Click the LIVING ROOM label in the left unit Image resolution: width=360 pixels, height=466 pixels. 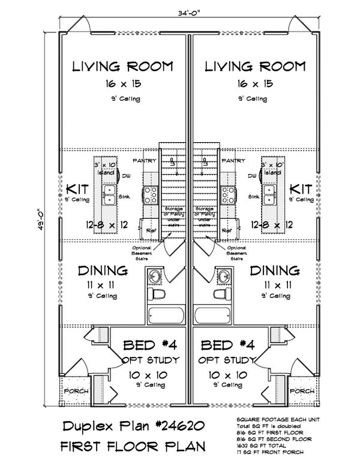tap(122, 65)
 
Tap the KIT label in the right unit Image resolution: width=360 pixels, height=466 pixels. tap(300, 188)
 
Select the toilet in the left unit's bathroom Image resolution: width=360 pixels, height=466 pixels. tap(159, 296)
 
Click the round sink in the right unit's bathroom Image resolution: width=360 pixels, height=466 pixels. tap(223, 276)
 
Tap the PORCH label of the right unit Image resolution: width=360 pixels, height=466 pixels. tap(301, 390)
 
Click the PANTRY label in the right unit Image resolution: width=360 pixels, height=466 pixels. tap(232, 161)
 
